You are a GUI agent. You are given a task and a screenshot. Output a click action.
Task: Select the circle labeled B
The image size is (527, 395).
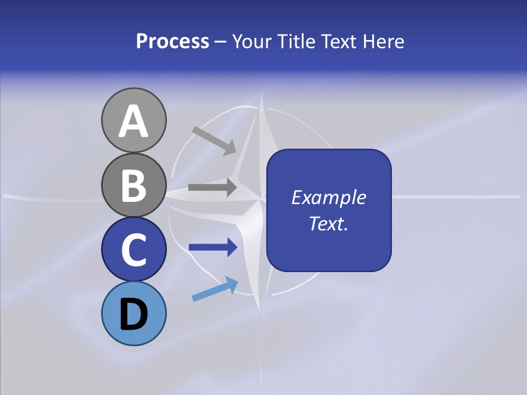[133, 185]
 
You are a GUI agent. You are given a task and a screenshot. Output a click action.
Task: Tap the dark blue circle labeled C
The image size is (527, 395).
[133, 249]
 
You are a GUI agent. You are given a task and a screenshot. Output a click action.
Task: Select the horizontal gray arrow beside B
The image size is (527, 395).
[212, 187]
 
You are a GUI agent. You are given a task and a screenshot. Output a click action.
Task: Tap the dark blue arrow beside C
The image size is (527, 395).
[212, 247]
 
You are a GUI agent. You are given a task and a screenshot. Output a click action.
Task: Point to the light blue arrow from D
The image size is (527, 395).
[215, 290]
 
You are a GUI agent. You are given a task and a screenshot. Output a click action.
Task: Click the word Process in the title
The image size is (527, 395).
[172, 42]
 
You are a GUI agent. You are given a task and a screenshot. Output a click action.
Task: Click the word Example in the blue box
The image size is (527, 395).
[328, 198]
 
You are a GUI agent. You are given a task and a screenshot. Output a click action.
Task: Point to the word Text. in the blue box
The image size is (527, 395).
[328, 223]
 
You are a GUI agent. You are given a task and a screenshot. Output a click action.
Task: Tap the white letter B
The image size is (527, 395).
[133, 185]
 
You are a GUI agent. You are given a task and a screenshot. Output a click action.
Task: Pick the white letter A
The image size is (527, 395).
[133, 121]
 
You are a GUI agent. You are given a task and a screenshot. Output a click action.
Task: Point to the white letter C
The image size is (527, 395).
[133, 249]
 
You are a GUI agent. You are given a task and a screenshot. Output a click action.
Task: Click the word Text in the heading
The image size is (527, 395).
[336, 42]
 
